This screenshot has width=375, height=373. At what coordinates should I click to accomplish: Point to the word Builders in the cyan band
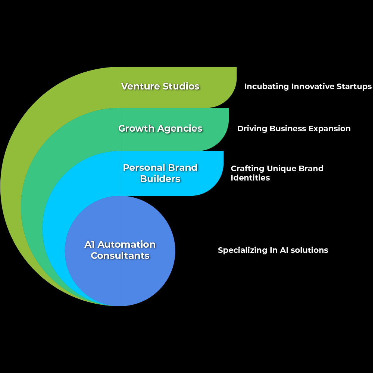coord(160,179)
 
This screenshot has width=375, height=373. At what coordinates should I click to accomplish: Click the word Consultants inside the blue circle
coord(120,256)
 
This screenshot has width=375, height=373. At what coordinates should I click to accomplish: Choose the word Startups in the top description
coord(353,87)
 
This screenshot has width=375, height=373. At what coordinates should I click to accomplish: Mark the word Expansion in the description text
coord(329,129)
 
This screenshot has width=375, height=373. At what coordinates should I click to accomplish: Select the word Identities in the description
coord(250,178)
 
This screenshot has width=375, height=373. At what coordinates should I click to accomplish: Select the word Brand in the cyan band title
coord(183,167)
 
